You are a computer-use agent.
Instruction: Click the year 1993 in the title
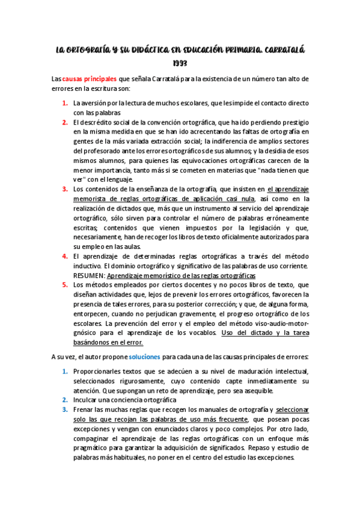coord(180,63)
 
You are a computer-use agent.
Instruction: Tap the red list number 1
coord(64,103)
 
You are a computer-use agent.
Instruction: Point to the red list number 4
coord(64,256)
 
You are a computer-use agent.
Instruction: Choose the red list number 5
coord(64,284)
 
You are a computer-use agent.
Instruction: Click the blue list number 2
coord(64,399)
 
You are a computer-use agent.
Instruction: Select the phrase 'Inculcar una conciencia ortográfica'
coord(125,399)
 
